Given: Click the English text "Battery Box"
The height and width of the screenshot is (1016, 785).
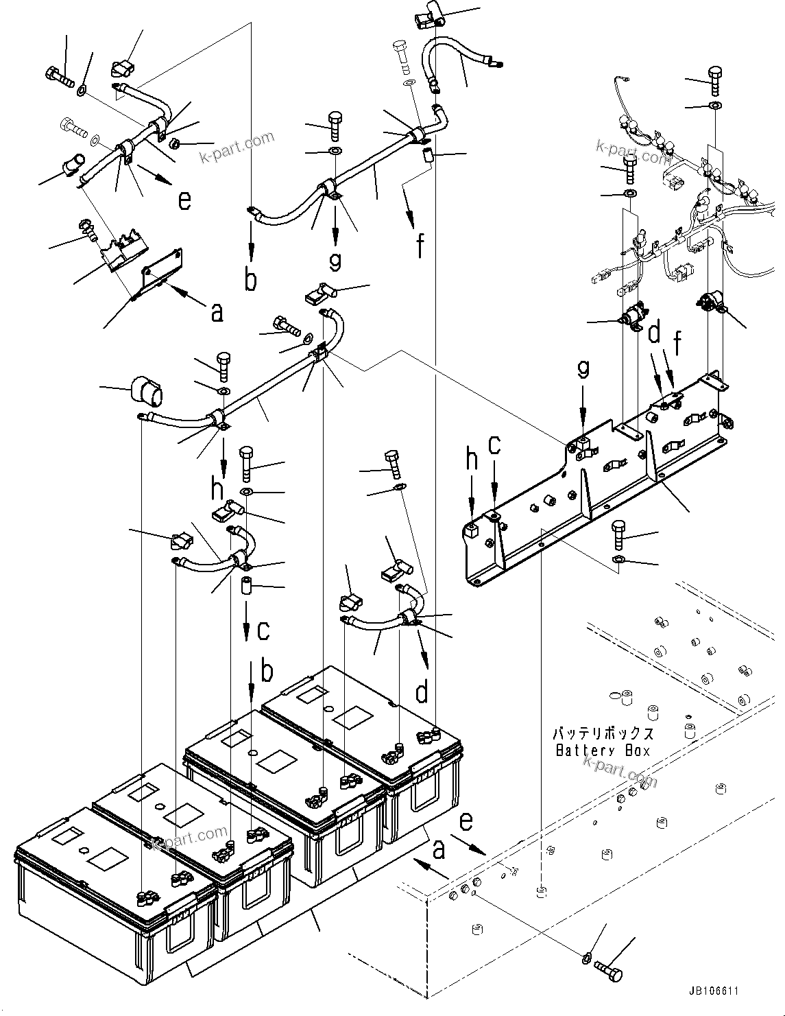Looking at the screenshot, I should point(602,751).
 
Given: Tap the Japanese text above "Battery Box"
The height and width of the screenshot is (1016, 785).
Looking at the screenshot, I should point(602,733).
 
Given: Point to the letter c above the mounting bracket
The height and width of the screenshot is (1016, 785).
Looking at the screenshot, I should point(494,446).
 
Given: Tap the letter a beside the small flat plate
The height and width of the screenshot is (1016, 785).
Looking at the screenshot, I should point(217,313).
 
